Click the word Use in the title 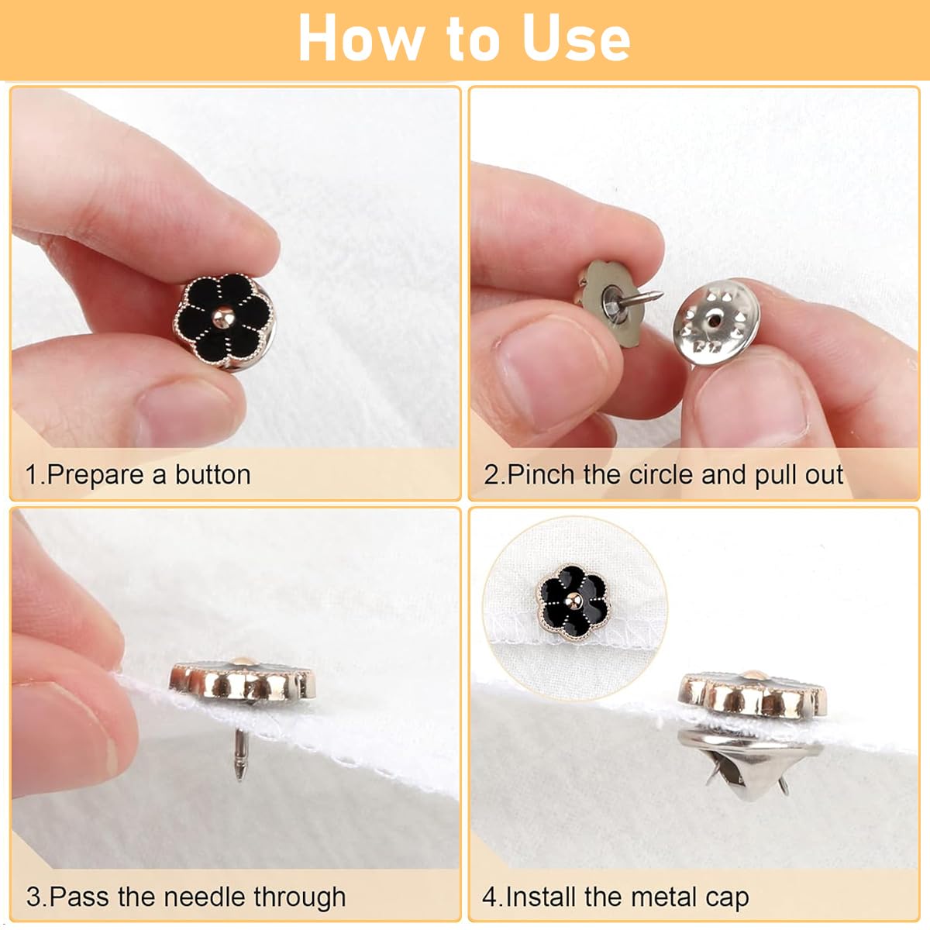click(x=576, y=39)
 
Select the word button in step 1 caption click(x=212, y=474)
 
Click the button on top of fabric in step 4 click(x=753, y=694)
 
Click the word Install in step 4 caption click(x=542, y=897)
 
